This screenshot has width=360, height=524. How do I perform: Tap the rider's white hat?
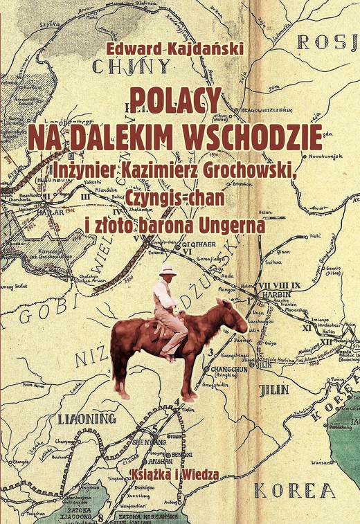click(x=168, y=269)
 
